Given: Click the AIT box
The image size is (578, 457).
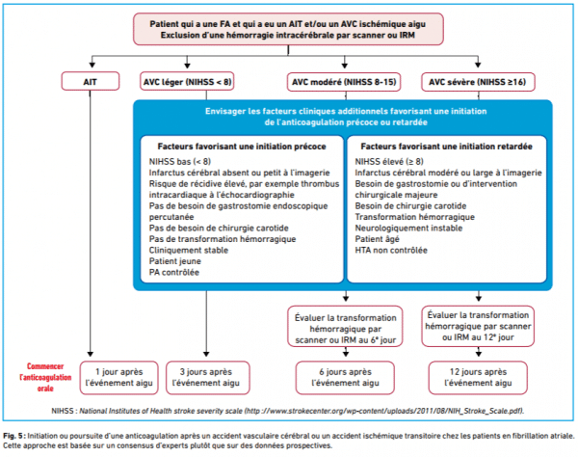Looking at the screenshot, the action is pos(91,81).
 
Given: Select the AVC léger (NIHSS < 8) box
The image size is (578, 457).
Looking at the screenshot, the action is pos(187,81).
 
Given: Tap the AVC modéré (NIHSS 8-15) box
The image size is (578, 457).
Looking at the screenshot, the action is pos(344,82).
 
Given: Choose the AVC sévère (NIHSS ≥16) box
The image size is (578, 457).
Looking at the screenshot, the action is pos(478,82).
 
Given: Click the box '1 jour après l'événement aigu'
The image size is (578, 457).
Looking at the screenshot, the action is pos(119,377).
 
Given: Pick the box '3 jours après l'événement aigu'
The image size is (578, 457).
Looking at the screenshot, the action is pos(207,377).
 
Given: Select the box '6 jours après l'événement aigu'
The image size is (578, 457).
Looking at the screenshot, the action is pos(345,377).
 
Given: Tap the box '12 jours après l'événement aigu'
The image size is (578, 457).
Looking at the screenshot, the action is pos(478,377).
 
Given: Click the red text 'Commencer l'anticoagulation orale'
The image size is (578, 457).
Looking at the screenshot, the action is pos(45,377).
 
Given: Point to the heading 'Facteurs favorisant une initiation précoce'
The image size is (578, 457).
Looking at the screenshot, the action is pos(242,147).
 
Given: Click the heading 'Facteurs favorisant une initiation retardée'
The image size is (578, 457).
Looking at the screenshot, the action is pos(446,147).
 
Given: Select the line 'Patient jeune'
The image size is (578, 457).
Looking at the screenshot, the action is pos(175,261).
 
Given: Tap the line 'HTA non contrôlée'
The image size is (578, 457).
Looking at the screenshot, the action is pos(391,250).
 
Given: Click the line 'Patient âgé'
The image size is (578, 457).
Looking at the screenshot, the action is pos(377,239).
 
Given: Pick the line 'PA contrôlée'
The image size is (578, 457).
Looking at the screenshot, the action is pos(174,272).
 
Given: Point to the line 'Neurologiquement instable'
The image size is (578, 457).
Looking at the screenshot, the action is pos(408,228).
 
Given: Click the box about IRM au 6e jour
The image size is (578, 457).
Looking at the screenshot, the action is pos(345,327).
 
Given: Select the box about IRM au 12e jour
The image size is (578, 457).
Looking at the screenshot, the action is pos(478,326).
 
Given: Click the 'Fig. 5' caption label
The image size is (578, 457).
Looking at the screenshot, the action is pos(13,436).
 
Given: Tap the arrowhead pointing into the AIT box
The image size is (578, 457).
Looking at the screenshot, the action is pos(92,65).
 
